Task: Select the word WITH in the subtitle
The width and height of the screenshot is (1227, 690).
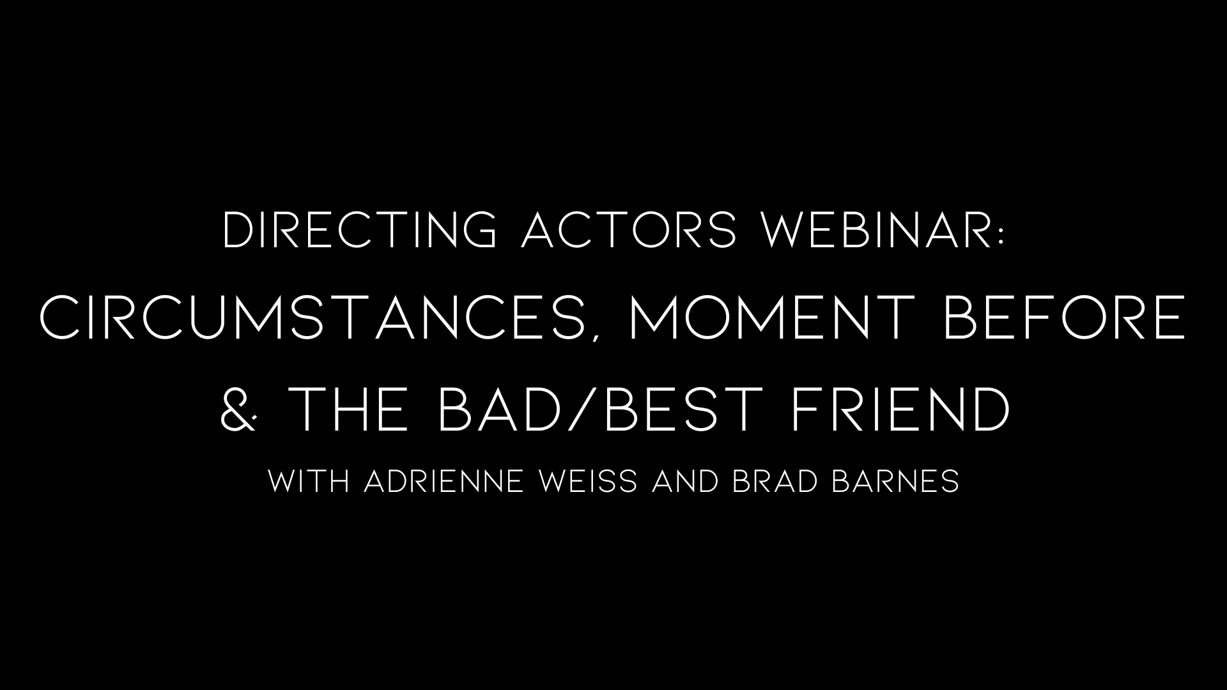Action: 309,481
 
